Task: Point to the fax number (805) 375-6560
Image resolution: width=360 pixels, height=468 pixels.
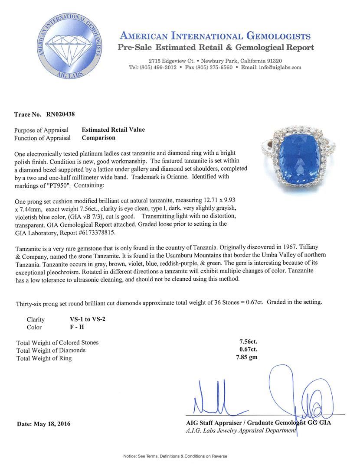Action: click(213, 68)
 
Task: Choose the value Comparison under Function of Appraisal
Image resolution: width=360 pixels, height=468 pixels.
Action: click(99, 138)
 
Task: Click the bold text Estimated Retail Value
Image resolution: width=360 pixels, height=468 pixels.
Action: click(113, 130)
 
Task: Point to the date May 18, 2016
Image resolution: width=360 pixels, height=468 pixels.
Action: click(43, 424)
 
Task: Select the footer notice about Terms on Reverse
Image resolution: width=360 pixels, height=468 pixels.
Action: click(175, 456)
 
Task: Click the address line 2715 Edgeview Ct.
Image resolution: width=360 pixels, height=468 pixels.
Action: click(170, 61)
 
